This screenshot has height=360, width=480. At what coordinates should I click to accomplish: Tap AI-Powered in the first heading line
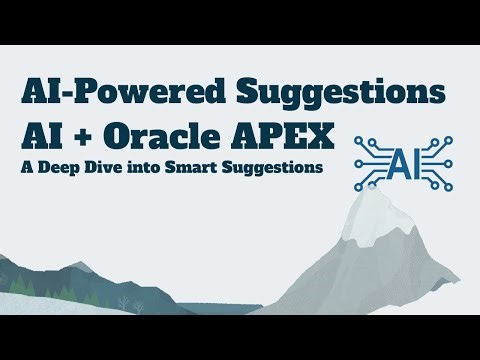click(118, 92)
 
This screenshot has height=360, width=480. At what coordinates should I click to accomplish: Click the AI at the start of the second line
click(40, 133)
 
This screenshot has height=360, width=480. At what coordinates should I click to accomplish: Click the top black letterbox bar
click(240, 21)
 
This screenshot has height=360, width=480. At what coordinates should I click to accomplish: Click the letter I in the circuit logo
click(405, 159)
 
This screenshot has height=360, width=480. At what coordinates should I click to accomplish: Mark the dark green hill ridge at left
click(40, 268)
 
